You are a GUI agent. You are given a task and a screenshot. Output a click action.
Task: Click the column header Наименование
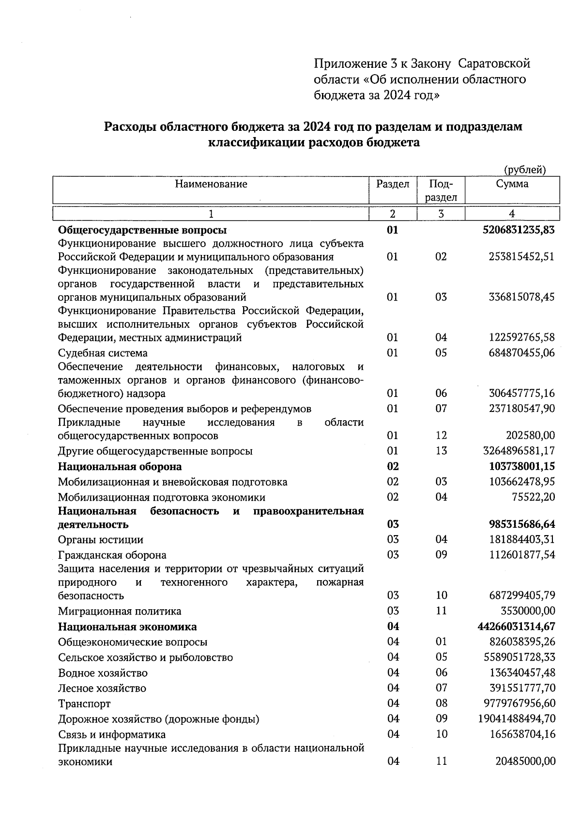click(211, 184)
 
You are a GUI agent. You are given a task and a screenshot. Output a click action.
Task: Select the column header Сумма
click(512, 184)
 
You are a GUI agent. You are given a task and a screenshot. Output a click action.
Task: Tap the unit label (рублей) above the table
click(524, 170)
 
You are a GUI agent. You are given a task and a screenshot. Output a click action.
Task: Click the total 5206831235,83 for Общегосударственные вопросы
click(519, 230)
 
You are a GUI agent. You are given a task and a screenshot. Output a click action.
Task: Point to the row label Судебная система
click(103, 353)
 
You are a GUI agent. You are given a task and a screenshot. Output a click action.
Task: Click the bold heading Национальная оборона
click(120, 466)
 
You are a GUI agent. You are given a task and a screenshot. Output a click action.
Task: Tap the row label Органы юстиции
click(100, 539)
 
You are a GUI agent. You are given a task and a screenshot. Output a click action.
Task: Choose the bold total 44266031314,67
click(516, 626)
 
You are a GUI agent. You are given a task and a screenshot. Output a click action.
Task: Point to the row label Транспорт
click(84, 703)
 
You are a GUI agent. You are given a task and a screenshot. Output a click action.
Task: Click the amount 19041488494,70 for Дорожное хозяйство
click(517, 719)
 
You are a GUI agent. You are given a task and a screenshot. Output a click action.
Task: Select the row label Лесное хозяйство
click(102, 688)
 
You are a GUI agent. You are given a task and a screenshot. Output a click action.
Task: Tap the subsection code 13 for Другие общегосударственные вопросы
click(441, 451)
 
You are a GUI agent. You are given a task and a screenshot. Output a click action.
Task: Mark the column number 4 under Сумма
click(512, 214)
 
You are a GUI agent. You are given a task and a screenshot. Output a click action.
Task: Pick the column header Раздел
click(393, 184)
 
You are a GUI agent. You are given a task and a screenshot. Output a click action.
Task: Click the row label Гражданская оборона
click(112, 555)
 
